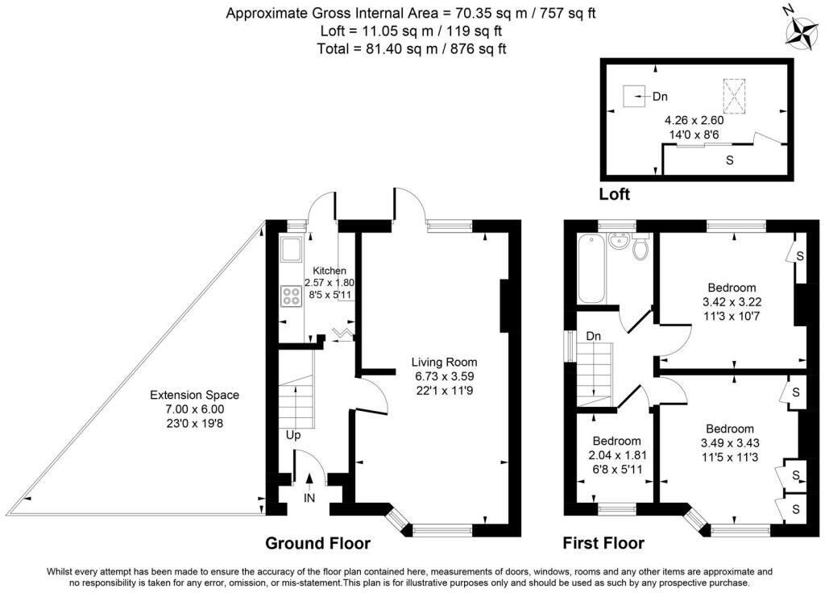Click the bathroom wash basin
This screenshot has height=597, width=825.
(620, 241)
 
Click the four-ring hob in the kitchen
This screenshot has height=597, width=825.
(291, 296)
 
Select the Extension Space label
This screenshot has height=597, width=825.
(195, 395)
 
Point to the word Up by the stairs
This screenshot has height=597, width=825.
(294, 435)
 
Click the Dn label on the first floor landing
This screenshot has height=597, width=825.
(594, 336)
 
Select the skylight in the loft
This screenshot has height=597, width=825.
(734, 95)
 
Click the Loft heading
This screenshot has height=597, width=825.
(615, 194)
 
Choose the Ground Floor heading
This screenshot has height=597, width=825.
(317, 543)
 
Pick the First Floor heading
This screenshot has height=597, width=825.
(603, 543)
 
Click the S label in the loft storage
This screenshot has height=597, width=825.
(730, 160)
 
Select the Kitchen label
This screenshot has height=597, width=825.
(329, 271)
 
